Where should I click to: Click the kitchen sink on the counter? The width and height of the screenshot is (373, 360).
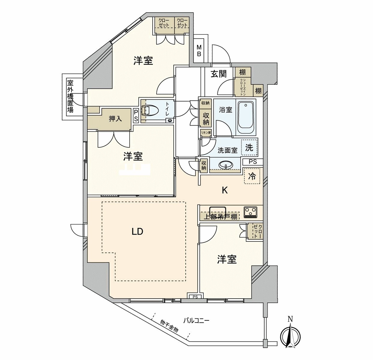coord(217,211)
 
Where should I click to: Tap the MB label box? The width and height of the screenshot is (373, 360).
coord(199,51)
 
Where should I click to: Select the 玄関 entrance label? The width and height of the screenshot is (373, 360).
coord(218,73)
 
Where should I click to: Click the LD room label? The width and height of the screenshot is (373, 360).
coord(137,231)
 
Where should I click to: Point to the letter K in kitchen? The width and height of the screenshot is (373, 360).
coord(224,190)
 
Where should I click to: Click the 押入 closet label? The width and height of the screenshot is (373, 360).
coord(115,119)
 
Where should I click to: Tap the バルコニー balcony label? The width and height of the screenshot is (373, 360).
coord(196,320)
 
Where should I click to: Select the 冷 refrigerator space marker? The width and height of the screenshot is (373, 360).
coord(252,176)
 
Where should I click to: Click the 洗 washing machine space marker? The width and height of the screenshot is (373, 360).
coord(249,147)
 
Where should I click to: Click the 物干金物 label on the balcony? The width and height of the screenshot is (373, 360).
coord(169,326)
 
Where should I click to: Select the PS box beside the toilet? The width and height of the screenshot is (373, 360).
coord(136,115)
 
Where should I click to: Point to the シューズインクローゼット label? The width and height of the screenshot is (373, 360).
coord(242,87)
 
